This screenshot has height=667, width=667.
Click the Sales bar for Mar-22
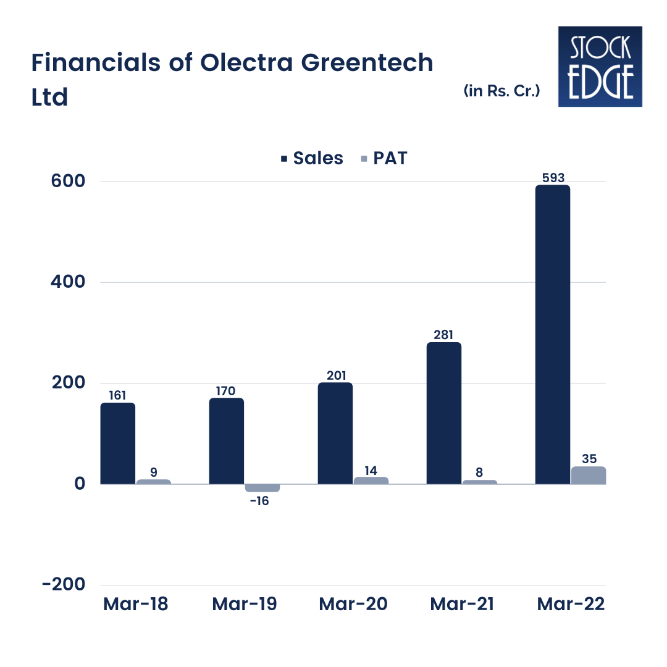click(x=552, y=334)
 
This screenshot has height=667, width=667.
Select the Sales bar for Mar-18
click(x=117, y=443)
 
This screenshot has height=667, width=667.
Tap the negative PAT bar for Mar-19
click(x=262, y=488)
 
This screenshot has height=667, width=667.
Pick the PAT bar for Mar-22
click(x=588, y=475)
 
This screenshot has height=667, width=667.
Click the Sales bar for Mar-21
click(x=443, y=413)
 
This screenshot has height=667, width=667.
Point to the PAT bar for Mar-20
click(x=371, y=480)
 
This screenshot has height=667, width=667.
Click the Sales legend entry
click(x=312, y=158)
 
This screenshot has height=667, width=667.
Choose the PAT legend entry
click(x=384, y=158)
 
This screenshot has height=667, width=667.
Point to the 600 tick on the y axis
click(x=68, y=182)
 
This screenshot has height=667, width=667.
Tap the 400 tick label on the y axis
click(x=68, y=282)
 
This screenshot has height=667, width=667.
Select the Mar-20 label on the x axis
click(x=353, y=604)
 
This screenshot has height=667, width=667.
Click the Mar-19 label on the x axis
click(x=245, y=604)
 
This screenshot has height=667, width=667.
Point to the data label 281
click(x=443, y=335)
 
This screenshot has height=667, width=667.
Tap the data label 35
click(x=588, y=459)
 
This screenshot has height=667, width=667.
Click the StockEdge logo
click(x=600, y=66)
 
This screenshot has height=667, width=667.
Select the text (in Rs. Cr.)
click(x=502, y=91)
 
